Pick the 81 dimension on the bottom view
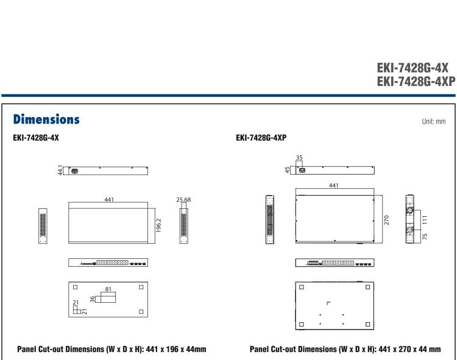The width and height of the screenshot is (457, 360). (x=110, y=289)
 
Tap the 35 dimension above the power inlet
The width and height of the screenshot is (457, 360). (x=300, y=157)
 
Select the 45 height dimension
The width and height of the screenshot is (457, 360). (x=288, y=169)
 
